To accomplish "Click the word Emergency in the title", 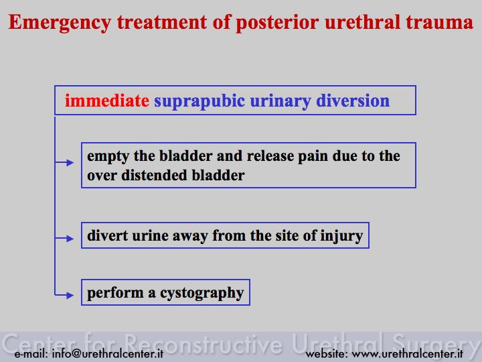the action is pyautogui.click(x=60, y=23).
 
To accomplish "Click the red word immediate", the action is pyautogui.click(x=107, y=101).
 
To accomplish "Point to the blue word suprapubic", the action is pyautogui.click(x=199, y=101).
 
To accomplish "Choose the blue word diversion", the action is pyautogui.click(x=353, y=101).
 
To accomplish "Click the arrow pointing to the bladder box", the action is pyautogui.click(x=64, y=162).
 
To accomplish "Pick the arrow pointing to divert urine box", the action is pyautogui.click(x=64, y=238).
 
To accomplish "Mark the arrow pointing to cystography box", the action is pyautogui.click(x=64, y=295).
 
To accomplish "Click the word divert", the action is pyautogui.click(x=108, y=235).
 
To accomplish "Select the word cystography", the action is pyautogui.click(x=202, y=294).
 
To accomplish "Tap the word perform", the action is pyautogui.click(x=115, y=294).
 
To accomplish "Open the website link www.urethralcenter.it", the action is pyautogui.click(x=407, y=353).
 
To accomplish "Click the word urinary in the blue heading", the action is pyautogui.click(x=280, y=101).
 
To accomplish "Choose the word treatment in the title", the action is pyautogui.click(x=162, y=23).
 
